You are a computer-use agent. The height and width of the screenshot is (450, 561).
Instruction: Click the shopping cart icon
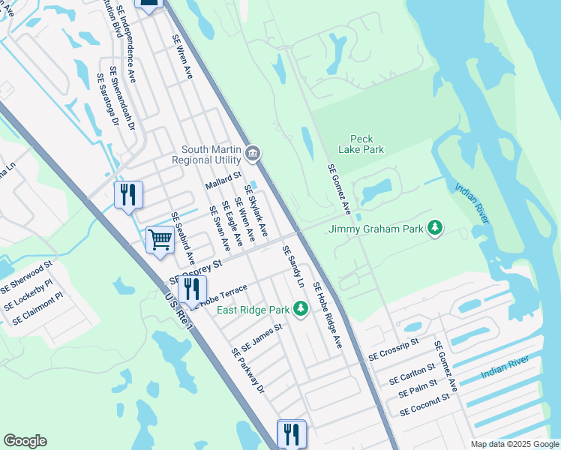(x=160, y=240)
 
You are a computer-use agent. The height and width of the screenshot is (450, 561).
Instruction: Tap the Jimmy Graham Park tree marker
(x=434, y=227)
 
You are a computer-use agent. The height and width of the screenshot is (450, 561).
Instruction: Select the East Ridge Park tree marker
(x=300, y=309)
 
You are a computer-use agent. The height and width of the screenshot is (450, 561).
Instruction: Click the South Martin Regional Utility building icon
(x=253, y=154)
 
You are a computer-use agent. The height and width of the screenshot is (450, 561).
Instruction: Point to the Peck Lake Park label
(x=367, y=144)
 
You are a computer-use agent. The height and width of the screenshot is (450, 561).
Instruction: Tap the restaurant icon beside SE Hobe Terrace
(x=192, y=289)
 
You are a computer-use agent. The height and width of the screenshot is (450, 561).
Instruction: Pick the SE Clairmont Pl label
(x=37, y=308)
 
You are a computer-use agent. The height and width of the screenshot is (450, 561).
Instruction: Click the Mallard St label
(x=223, y=181)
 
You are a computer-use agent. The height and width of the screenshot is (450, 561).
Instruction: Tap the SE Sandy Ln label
(x=293, y=267)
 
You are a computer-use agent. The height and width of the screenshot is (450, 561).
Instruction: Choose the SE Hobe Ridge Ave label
(x=327, y=315)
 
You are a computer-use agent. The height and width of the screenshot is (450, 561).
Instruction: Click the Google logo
(x=25, y=441)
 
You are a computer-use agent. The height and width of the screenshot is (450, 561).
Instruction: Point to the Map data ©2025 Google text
(x=514, y=444)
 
